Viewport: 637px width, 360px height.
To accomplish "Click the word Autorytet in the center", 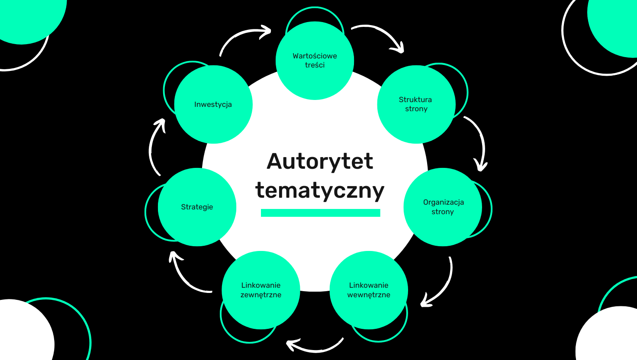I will click(320, 161).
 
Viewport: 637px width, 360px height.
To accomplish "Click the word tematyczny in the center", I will click(320, 190).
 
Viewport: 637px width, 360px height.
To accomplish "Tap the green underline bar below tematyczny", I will click(320, 212).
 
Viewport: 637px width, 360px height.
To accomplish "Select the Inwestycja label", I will click(213, 104).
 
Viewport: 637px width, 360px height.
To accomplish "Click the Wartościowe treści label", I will click(315, 61).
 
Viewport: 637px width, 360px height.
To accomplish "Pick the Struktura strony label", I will click(415, 104).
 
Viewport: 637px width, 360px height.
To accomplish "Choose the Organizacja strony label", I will click(443, 207).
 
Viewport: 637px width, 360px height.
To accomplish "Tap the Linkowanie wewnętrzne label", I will click(369, 290).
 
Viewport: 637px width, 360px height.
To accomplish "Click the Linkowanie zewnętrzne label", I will click(261, 290).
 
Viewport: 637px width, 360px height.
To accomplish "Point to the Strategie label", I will click(197, 207).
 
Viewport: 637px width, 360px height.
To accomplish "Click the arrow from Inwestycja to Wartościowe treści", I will click(242, 36).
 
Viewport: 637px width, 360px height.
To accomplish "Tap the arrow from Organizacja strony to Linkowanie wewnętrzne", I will click(444, 286).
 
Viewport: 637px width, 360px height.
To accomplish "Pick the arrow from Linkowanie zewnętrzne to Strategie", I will click(184, 277).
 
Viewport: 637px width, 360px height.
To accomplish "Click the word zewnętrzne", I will click(261, 295).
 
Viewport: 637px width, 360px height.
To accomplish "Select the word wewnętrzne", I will click(369, 295).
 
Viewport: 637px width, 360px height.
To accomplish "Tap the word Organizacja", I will click(444, 202).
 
